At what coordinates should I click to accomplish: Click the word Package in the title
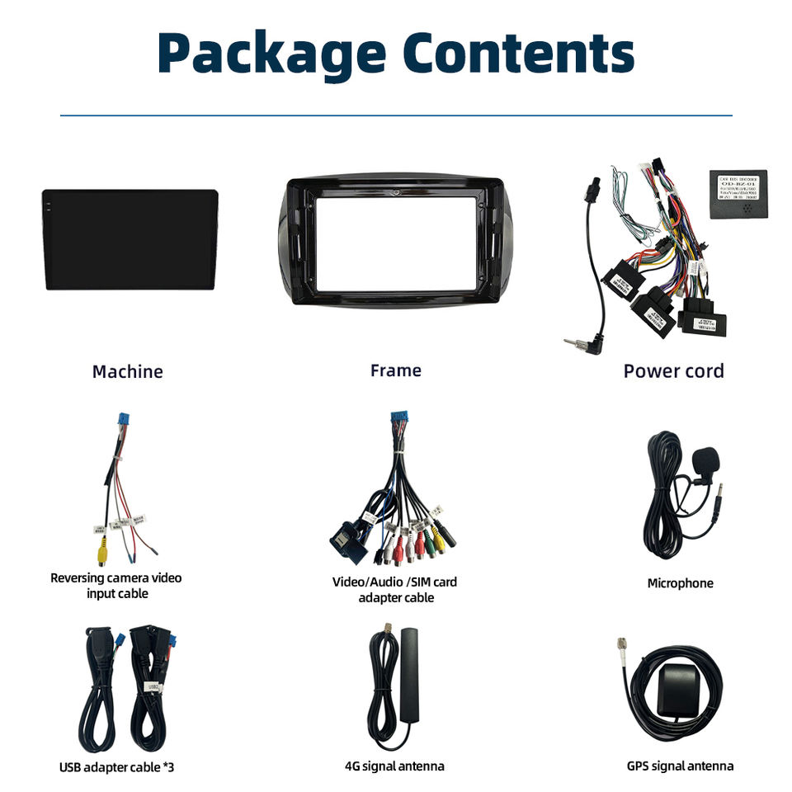271,54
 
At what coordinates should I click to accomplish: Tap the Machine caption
127,371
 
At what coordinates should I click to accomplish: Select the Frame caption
395,370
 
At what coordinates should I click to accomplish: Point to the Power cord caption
673,370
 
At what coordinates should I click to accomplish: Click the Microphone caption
680,583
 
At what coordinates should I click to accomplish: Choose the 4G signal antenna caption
394,766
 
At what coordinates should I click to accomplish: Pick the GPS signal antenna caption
680,766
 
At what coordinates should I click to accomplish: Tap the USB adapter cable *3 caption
116,767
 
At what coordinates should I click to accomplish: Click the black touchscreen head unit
130,239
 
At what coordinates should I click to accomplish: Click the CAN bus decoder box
738,196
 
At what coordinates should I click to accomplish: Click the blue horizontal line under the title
396,115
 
